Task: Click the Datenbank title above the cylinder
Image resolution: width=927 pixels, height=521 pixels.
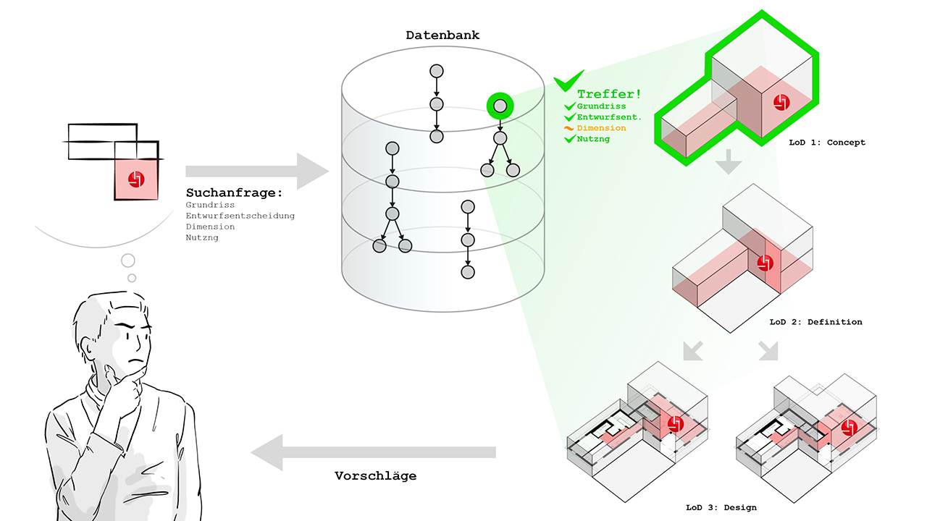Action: click(442, 35)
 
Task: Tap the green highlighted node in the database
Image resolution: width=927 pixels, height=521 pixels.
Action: click(500, 106)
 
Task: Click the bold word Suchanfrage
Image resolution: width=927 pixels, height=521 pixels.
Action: click(233, 193)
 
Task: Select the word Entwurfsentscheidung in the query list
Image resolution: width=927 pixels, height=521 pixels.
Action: click(240, 216)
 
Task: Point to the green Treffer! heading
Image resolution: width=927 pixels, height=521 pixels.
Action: click(609, 94)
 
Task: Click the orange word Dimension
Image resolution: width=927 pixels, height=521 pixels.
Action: click(601, 128)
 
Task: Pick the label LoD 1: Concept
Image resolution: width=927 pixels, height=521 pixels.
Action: click(827, 143)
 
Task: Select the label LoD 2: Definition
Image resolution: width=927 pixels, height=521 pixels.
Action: click(815, 322)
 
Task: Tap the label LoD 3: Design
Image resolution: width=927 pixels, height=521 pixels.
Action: click(721, 507)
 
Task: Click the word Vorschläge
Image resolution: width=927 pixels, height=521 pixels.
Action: click(375, 476)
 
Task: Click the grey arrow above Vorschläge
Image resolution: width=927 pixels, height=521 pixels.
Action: click(373, 452)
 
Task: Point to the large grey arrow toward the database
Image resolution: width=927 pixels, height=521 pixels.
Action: click(256, 171)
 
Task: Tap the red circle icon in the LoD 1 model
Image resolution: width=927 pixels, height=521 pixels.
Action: click(780, 103)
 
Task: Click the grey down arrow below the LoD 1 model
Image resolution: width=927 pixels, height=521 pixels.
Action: click(729, 164)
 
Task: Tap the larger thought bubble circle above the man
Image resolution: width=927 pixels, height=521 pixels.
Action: click(128, 260)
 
